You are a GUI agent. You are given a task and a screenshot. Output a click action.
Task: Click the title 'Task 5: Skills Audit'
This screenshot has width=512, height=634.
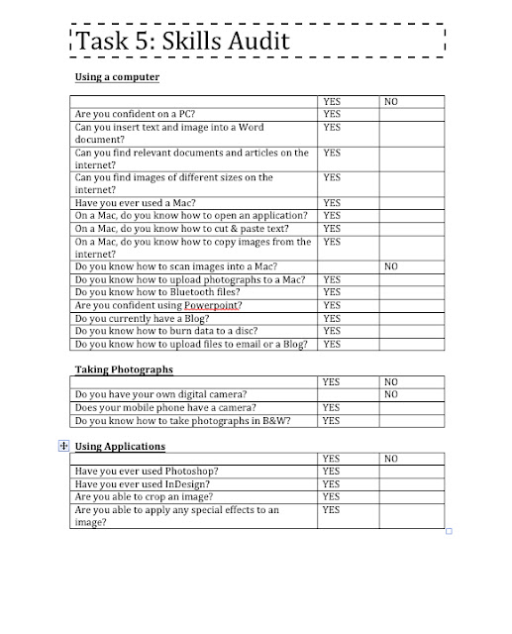click(181, 43)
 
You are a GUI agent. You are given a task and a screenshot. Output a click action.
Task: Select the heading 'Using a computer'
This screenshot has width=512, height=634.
click(117, 76)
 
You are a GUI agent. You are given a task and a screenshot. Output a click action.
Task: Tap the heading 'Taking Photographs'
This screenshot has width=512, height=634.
click(124, 369)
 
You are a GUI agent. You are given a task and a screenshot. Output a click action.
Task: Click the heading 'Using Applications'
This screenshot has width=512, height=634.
click(124, 446)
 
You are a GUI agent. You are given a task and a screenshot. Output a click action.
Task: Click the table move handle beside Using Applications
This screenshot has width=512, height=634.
click(64, 446)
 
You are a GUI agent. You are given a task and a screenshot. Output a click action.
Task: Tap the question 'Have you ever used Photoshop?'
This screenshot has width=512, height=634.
click(147, 471)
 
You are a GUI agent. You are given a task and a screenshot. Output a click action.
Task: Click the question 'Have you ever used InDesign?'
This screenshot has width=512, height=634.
click(145, 483)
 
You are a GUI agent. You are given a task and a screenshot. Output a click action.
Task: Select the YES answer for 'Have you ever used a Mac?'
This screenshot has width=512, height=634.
click(332, 203)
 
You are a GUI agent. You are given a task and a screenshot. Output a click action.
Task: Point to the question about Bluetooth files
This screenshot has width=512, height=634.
click(157, 292)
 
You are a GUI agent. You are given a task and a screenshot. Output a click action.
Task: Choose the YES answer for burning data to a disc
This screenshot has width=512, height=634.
click(332, 331)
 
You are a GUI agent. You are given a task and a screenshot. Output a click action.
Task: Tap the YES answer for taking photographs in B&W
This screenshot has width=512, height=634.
click(332, 420)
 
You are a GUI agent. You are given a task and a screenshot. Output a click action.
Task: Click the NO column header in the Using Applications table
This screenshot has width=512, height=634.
click(390, 459)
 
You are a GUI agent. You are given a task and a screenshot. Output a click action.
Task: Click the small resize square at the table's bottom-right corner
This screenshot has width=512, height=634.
click(449, 532)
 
